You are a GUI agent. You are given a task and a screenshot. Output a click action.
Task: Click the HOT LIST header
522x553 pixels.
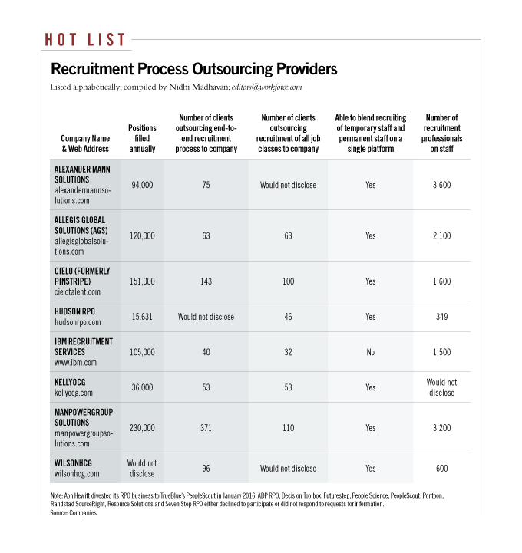pos(85,39)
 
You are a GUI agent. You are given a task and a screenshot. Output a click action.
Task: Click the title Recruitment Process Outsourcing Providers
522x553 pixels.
pos(193,69)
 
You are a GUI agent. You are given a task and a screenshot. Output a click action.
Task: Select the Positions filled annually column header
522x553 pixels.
pos(142,138)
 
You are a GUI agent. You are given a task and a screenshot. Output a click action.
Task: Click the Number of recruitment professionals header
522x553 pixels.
pos(441,133)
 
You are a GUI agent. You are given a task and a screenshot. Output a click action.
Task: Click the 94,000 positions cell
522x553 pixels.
pos(142,185)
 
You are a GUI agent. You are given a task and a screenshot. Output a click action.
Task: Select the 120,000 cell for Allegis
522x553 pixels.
pos(142,235)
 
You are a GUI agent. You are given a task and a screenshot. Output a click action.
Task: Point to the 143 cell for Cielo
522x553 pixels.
pos(206,281)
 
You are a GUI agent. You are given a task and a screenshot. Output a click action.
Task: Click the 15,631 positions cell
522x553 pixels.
pos(142,315)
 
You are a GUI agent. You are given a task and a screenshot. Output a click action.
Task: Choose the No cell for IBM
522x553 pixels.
pos(370,351)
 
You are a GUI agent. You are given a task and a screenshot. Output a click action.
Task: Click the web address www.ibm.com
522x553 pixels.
pos(75,362)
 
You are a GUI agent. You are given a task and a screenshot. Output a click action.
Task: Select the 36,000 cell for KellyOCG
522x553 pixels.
pos(142,387)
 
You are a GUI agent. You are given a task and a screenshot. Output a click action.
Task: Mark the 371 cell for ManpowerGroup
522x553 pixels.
pos(206,427)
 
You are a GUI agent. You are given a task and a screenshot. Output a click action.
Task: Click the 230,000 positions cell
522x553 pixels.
pos(142,427)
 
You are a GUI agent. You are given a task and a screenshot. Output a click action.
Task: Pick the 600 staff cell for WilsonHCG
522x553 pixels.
pos(441,468)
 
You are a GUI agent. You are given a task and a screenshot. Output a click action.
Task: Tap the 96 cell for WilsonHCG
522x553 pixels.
pos(206,468)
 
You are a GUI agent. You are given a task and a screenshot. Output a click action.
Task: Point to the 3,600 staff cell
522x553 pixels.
pos(441,185)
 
